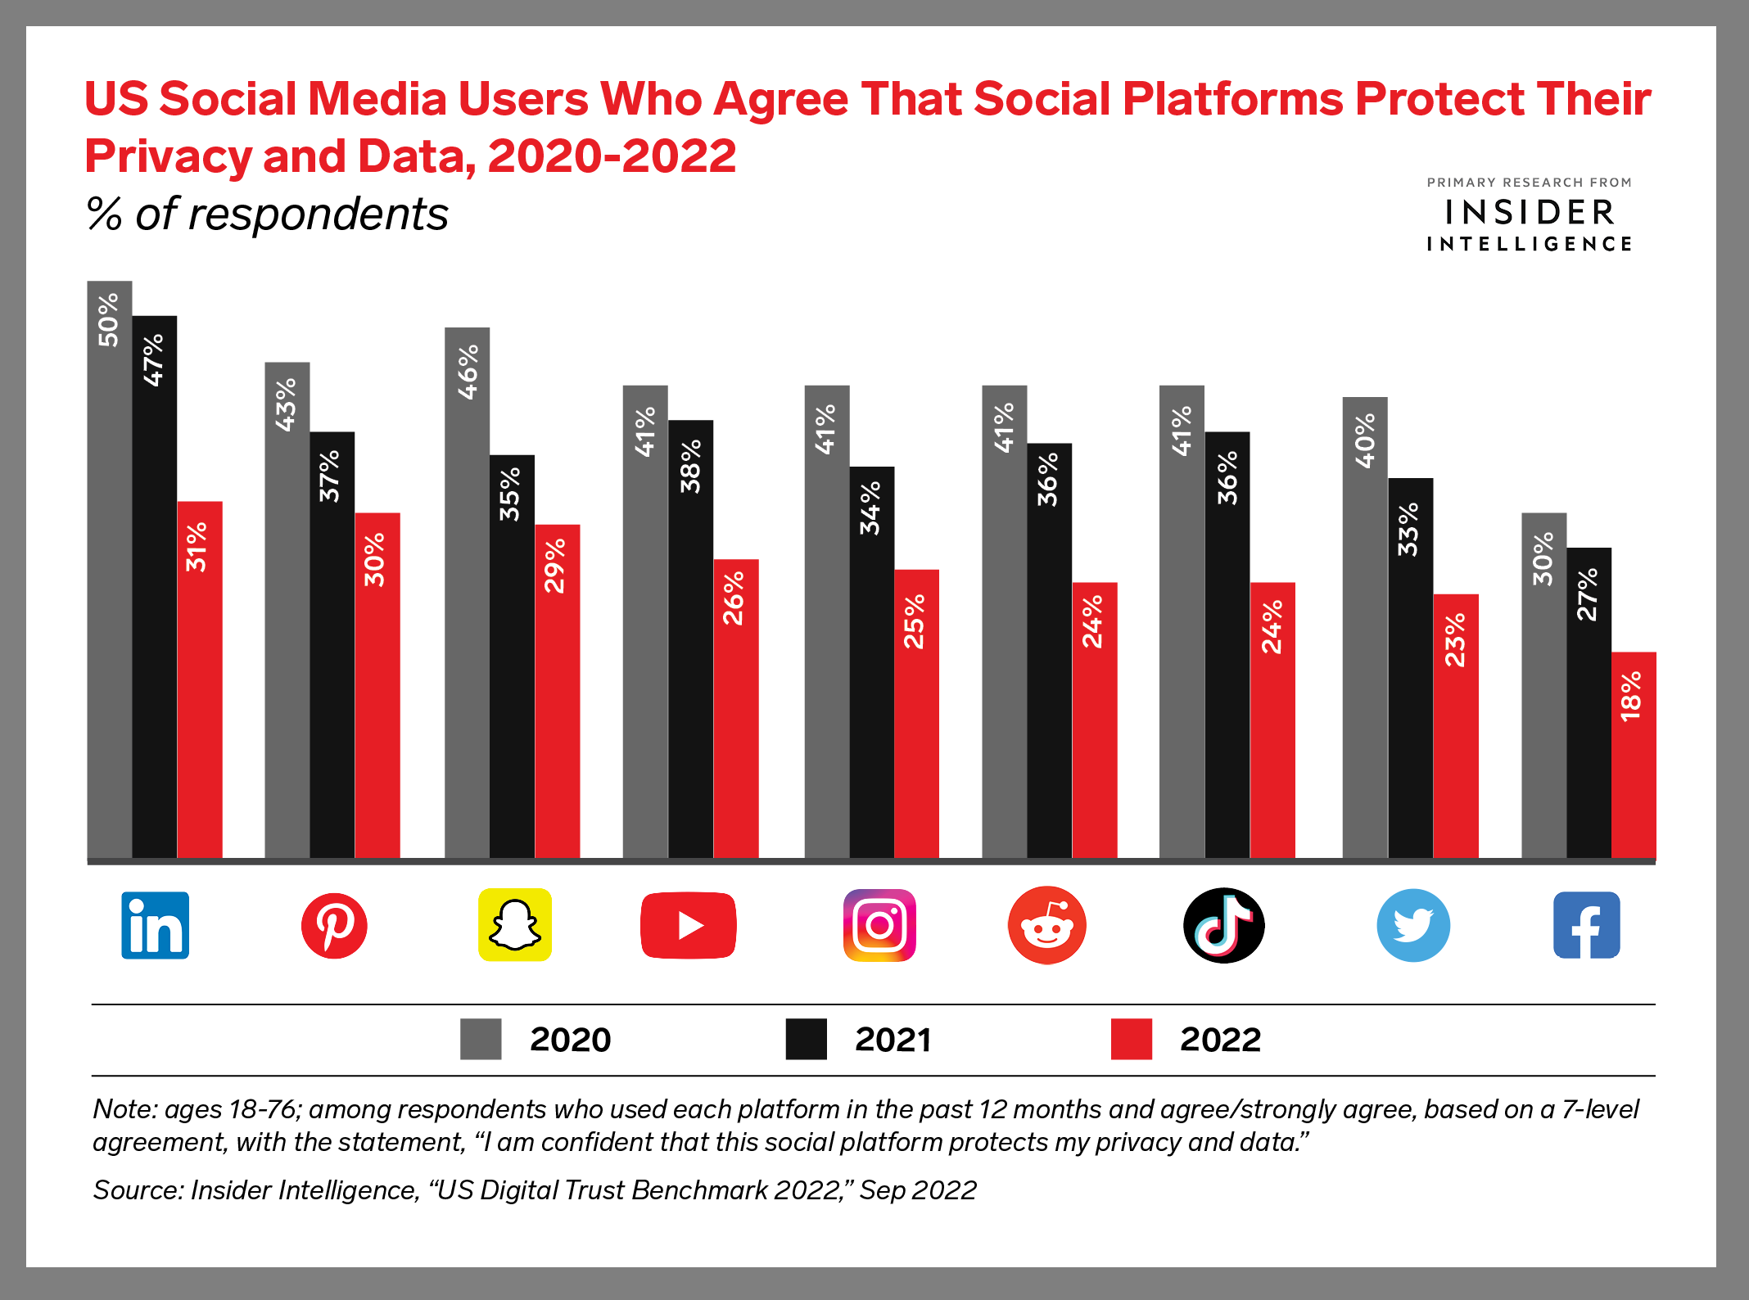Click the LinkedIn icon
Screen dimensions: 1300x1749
(x=155, y=925)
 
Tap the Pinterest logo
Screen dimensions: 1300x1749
(x=334, y=925)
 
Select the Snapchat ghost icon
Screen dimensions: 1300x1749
(x=514, y=925)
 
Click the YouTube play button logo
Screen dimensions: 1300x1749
(x=688, y=925)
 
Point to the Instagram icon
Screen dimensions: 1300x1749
(x=879, y=925)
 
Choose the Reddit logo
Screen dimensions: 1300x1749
(x=1046, y=925)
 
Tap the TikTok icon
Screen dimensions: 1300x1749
(x=1223, y=925)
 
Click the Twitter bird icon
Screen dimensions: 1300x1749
(x=1413, y=925)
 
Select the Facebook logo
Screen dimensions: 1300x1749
(x=1587, y=925)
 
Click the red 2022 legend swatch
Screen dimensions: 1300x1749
(x=1131, y=1039)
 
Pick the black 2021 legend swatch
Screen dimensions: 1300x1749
(x=806, y=1039)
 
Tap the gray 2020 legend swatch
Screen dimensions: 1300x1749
(x=481, y=1039)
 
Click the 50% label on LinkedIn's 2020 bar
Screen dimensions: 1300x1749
(x=109, y=320)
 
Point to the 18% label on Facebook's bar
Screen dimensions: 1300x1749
(x=1632, y=696)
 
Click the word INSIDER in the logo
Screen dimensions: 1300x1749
(x=1530, y=213)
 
